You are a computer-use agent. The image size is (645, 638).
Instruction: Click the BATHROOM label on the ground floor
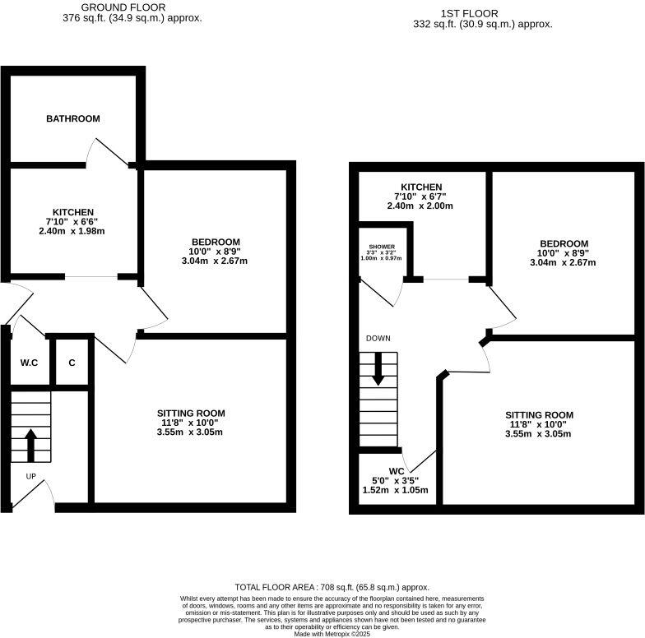(72, 119)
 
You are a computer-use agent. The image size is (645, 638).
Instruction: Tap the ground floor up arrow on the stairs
(30, 445)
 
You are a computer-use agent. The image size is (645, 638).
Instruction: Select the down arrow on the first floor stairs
(378, 368)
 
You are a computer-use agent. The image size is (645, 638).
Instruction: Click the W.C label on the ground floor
(30, 363)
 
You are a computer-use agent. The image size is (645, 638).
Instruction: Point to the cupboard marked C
(72, 363)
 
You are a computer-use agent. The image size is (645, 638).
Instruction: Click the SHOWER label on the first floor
(382, 247)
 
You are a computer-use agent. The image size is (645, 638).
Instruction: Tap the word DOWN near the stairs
(378, 338)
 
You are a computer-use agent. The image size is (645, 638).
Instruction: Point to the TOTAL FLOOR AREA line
(332, 587)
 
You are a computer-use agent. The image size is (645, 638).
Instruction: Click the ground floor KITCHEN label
(73, 212)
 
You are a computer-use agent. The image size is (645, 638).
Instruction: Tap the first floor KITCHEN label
(421, 187)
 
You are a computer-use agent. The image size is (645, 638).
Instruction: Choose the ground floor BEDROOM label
(214, 242)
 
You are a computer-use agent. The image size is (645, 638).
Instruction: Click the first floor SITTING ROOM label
(539, 414)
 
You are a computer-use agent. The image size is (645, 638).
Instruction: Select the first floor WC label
(397, 471)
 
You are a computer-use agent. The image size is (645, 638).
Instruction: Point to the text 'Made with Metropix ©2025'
(332, 632)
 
